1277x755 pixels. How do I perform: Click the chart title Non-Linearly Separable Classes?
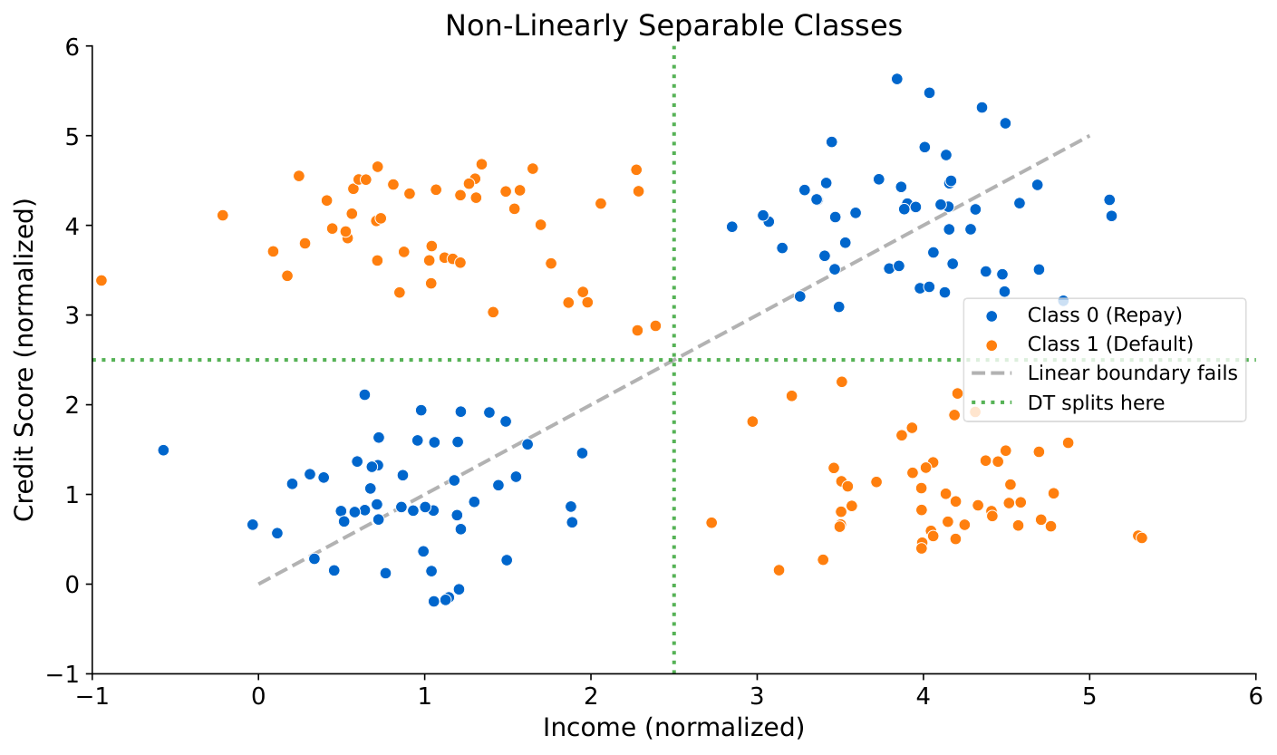673,25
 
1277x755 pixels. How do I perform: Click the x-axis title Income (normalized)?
673,727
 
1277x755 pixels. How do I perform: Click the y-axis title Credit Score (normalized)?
25,360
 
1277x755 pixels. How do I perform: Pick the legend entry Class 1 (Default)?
1109,344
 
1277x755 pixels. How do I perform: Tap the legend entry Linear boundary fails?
1132,373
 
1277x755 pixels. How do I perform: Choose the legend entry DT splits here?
1095,403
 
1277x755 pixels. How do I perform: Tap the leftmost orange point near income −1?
101,280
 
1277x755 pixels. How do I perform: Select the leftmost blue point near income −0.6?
163,450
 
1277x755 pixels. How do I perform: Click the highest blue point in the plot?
896,79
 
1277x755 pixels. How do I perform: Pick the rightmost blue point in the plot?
1111,216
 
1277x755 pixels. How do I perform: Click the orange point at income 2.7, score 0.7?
711,523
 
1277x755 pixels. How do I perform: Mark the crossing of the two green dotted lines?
673,360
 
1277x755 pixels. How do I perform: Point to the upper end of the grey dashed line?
1088,136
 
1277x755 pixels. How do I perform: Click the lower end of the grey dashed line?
258,584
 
